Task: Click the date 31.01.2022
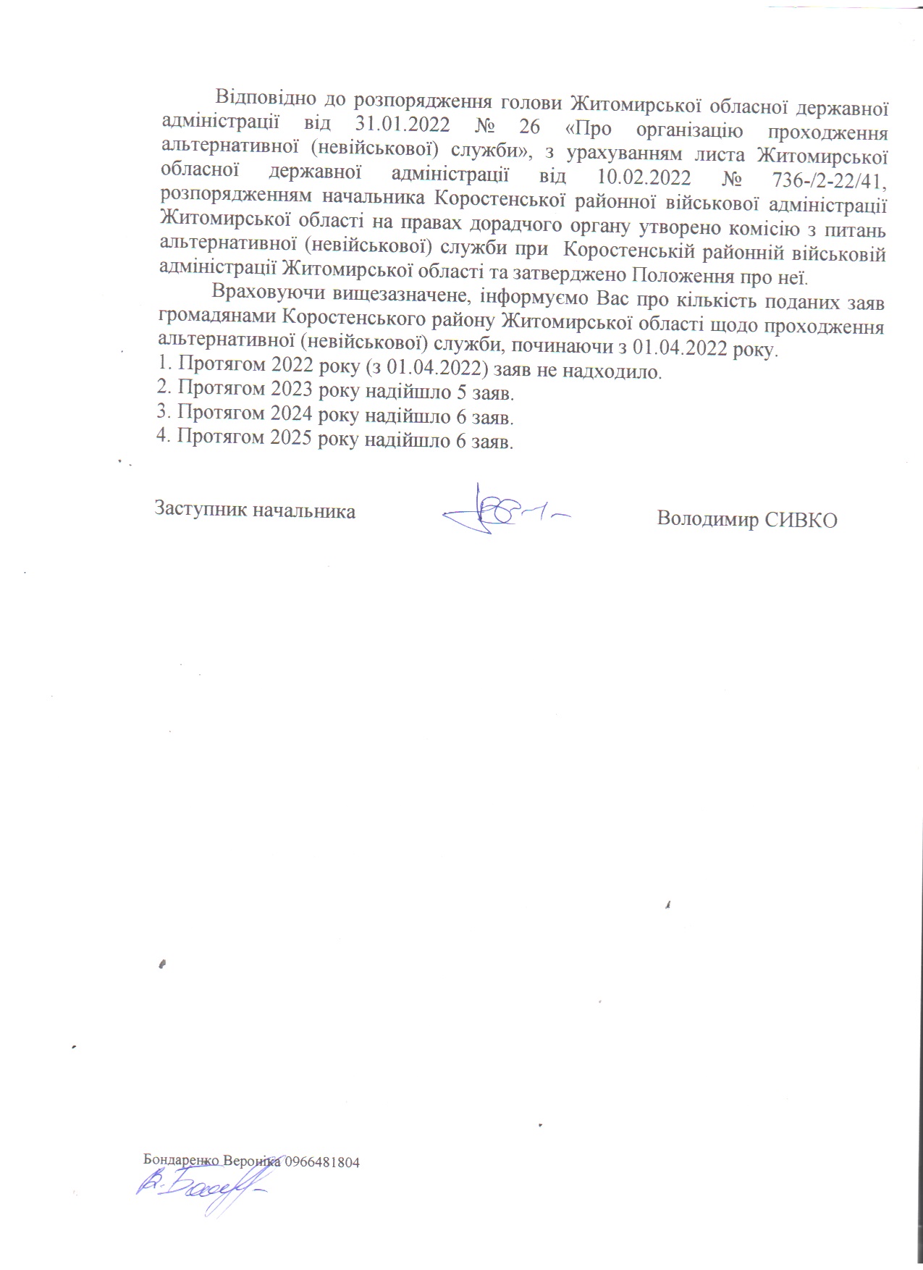(x=403, y=125)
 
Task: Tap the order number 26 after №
(x=530, y=126)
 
